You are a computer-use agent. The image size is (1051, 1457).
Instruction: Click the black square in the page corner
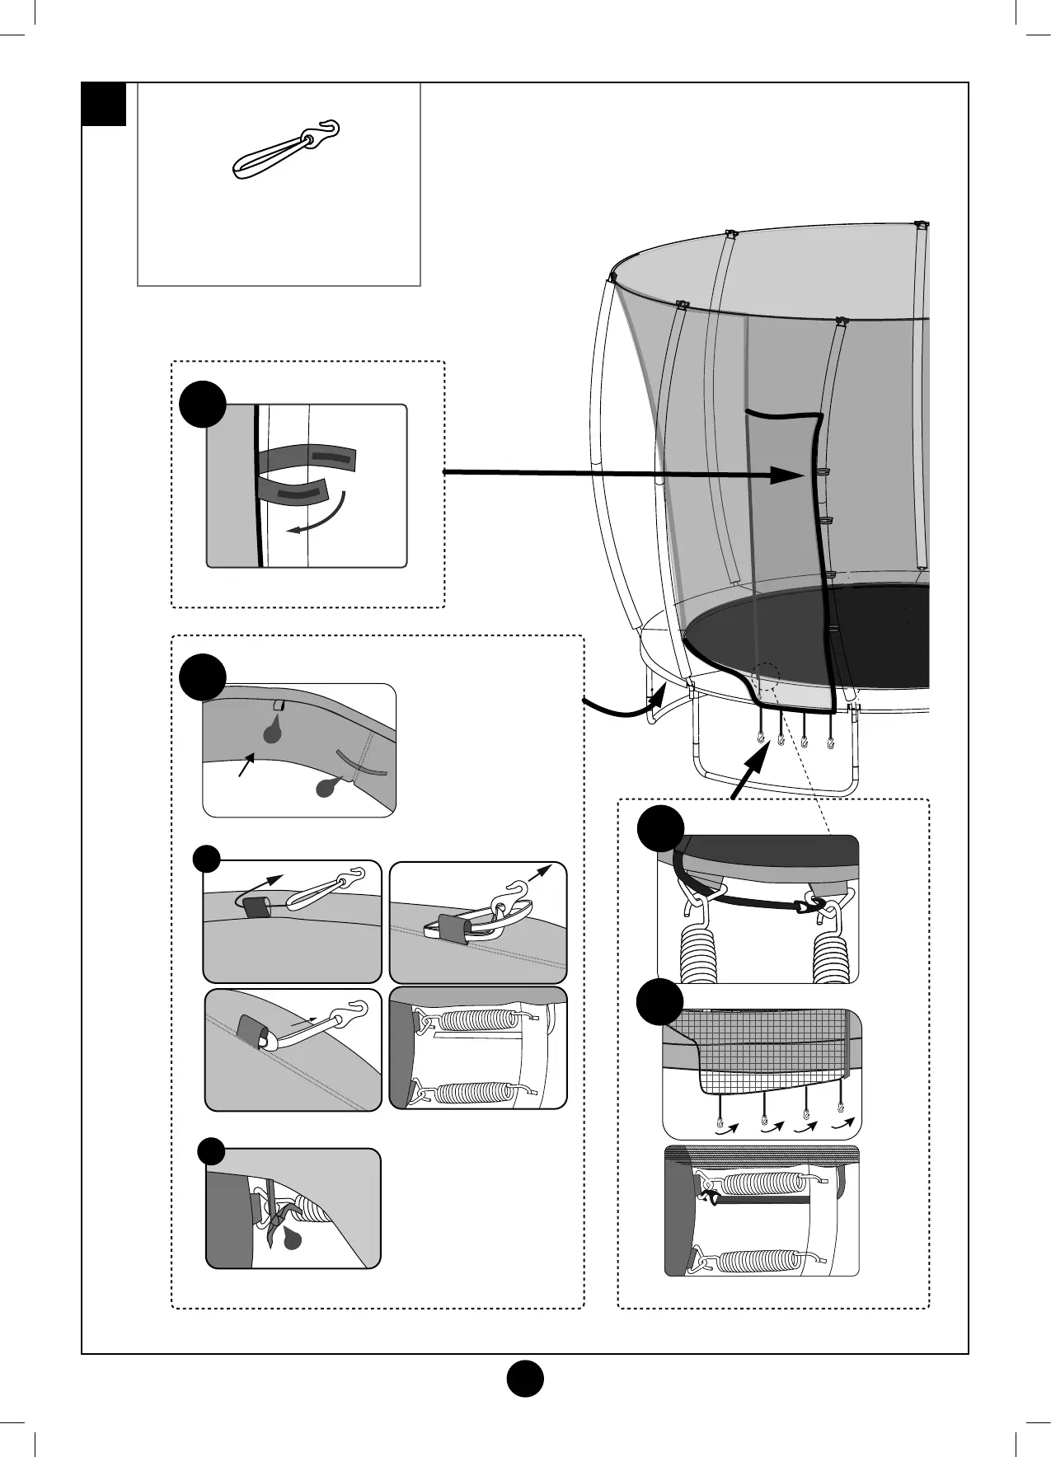pyautogui.click(x=104, y=104)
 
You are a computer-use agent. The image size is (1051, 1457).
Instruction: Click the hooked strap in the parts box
pyautogui.click(x=284, y=149)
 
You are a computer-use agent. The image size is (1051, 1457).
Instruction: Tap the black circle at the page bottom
pyautogui.click(x=524, y=1378)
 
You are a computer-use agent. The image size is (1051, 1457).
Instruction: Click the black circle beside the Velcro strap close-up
pyautogui.click(x=203, y=404)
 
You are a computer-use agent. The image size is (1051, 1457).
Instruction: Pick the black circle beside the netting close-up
pyautogui.click(x=660, y=1002)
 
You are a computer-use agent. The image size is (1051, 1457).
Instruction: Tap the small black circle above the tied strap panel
pyautogui.click(x=211, y=1150)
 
